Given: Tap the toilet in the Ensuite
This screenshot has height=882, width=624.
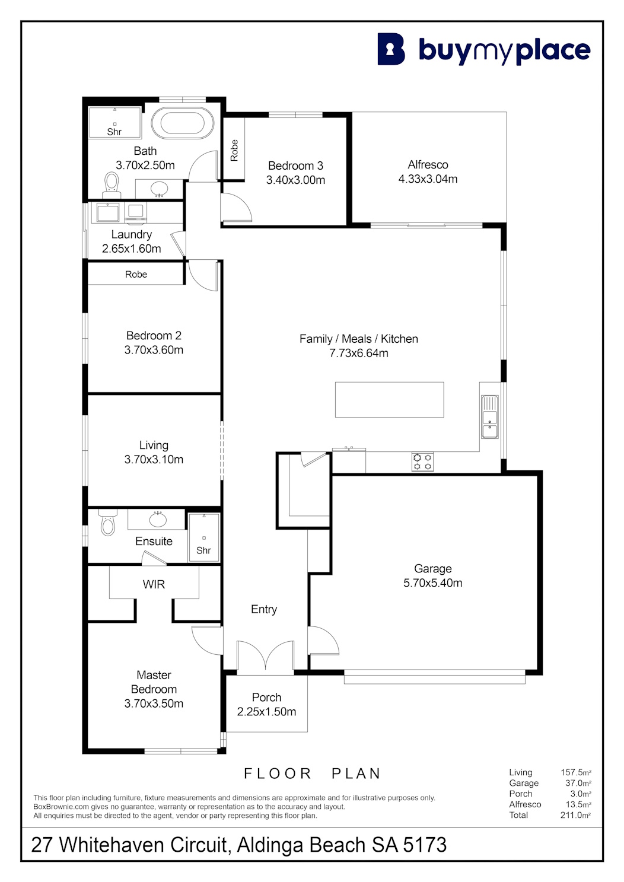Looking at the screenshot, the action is tap(108, 522).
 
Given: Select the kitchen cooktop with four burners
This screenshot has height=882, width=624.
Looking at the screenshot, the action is tap(422, 462).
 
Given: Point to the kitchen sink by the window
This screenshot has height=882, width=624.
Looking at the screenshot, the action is tap(490, 417).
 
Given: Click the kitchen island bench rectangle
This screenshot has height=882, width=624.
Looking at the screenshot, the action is tap(389, 399).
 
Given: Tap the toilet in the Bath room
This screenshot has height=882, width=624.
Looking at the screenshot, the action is tap(112, 185).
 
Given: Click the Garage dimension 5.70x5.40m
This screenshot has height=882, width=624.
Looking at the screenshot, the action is tap(432, 582).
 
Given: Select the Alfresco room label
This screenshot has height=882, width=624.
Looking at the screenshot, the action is tap(428, 164).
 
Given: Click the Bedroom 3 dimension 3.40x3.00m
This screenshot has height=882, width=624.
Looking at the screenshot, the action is tap(295, 180).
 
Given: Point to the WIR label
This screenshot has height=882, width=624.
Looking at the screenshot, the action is tap(154, 584).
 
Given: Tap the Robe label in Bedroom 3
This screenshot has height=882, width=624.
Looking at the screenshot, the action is tap(234, 151).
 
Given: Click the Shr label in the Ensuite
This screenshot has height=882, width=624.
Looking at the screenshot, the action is tap(203, 550).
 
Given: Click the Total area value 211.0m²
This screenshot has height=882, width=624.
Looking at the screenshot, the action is tap(575, 815).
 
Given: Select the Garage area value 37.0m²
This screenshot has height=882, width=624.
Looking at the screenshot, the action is tap(578, 783).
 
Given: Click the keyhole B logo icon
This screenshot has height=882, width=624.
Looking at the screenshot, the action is tap(391, 49).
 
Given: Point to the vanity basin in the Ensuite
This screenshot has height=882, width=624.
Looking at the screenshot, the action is tap(158, 520).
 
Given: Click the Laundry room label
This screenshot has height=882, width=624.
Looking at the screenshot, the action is tap(132, 234).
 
